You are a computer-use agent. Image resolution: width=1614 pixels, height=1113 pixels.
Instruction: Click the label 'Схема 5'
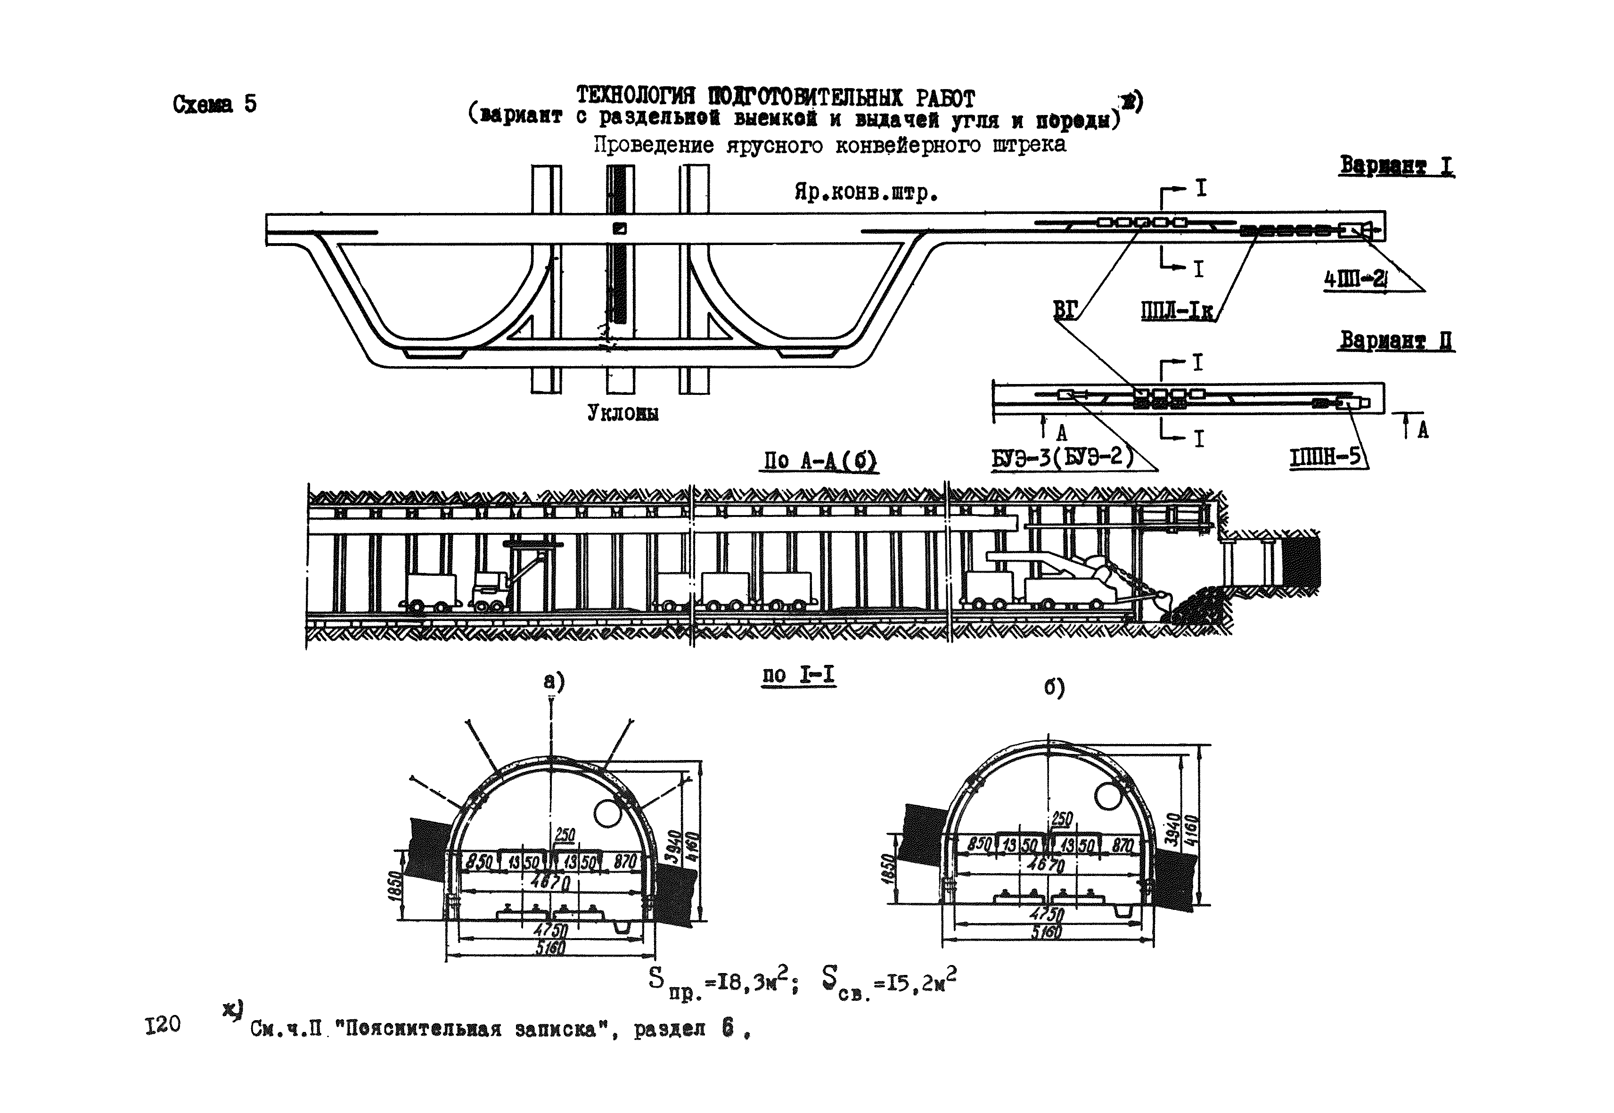tap(214, 105)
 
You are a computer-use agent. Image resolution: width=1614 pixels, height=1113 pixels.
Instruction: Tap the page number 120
tap(163, 1024)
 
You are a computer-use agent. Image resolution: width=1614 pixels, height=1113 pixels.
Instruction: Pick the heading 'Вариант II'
tap(1397, 341)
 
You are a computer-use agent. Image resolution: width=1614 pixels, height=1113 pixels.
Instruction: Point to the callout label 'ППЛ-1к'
tap(1177, 311)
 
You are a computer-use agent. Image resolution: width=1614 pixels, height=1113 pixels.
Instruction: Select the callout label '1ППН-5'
tap(1325, 457)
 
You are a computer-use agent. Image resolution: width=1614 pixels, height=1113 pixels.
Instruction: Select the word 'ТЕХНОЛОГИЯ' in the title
tap(636, 96)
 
